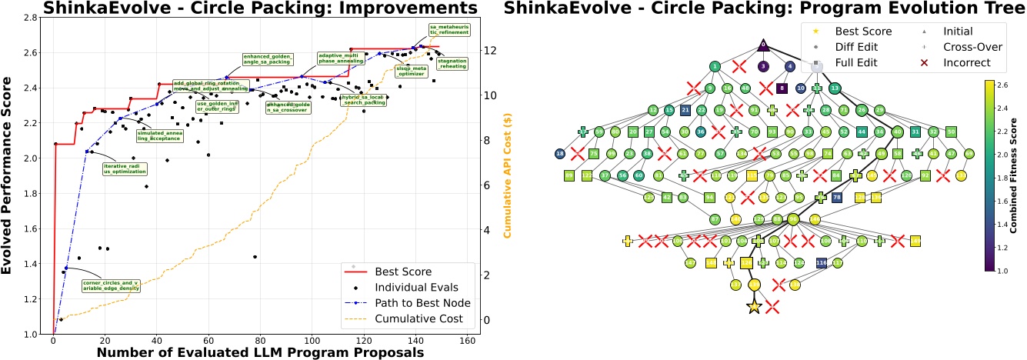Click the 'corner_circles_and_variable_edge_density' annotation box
(110, 285)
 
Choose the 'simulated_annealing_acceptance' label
(160, 135)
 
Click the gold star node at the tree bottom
(754, 307)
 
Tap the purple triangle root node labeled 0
(763, 45)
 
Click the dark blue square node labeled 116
(820, 263)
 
